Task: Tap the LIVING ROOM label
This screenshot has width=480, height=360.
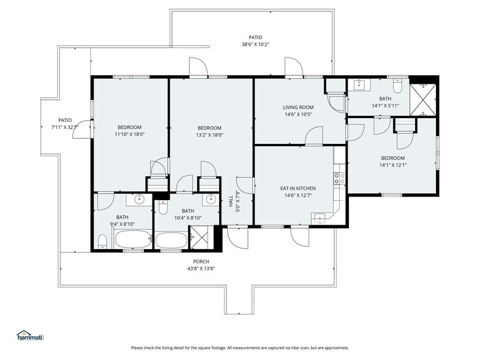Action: (x=298, y=107)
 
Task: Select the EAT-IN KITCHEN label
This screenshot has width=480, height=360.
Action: (x=298, y=189)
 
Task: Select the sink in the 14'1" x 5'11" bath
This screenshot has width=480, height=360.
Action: (x=359, y=85)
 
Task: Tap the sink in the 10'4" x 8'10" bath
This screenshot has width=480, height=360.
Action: (x=211, y=199)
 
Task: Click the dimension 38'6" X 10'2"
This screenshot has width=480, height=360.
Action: (x=255, y=44)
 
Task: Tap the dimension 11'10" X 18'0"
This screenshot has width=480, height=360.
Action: (x=130, y=134)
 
